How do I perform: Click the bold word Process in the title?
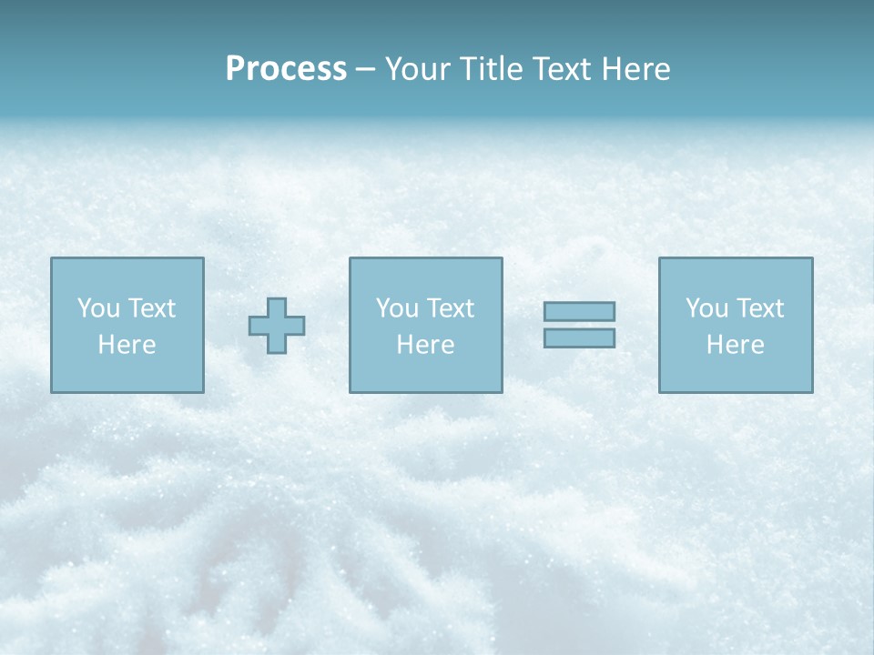click(x=286, y=69)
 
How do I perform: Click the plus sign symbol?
click(x=277, y=326)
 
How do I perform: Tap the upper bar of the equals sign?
click(x=579, y=312)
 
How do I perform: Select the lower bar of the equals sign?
click(x=579, y=338)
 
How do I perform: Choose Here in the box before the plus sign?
click(x=127, y=345)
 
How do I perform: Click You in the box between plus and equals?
click(x=397, y=308)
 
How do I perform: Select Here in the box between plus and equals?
click(x=425, y=345)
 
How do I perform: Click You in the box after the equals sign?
click(x=706, y=308)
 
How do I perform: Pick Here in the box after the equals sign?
click(x=735, y=345)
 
